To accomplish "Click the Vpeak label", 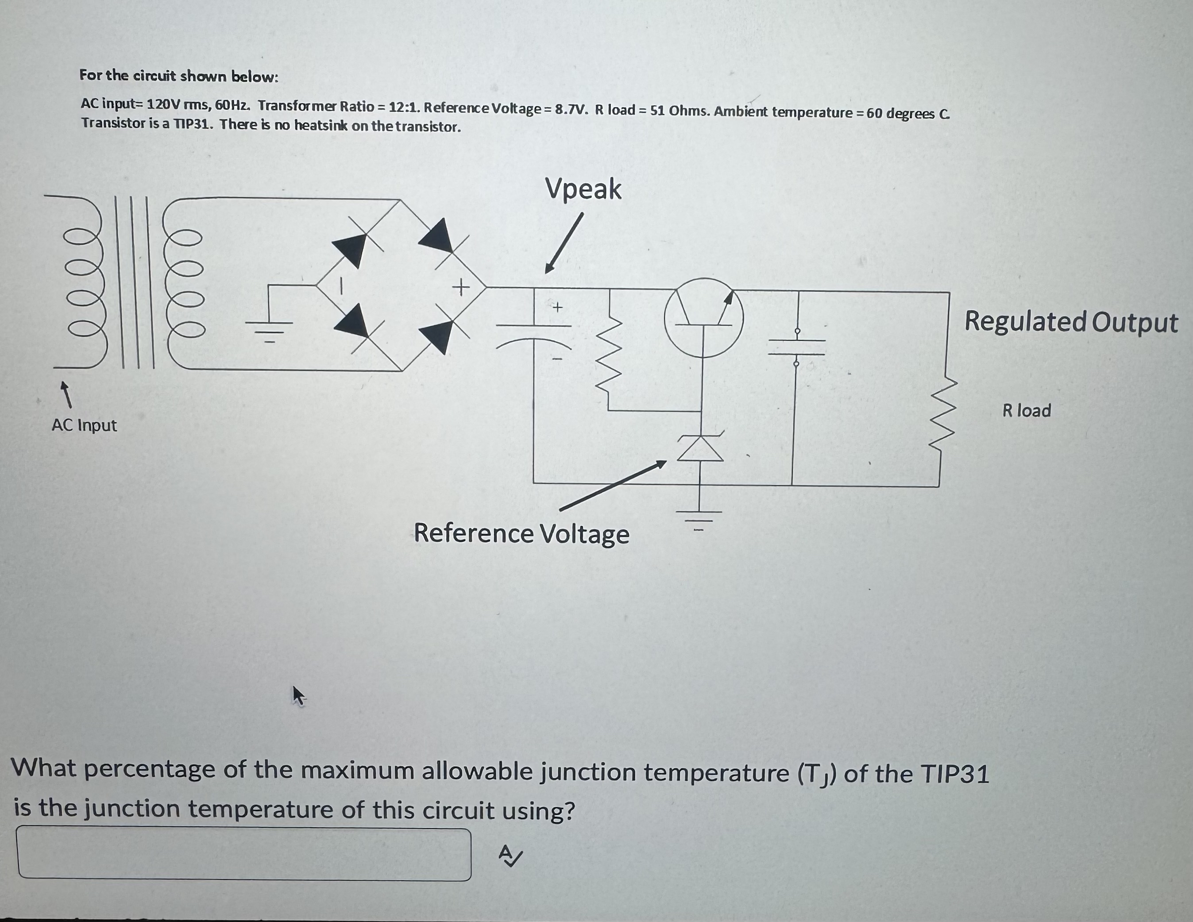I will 583,189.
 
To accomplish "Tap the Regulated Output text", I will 1071,322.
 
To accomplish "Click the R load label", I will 1026,410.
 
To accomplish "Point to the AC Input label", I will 84,425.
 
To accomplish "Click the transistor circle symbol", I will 703,317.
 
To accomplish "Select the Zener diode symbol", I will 701,448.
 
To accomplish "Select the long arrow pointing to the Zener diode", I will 612,486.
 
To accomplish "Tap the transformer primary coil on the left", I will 82,282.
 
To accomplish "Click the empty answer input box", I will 244,854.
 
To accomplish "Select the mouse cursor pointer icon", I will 298,696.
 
